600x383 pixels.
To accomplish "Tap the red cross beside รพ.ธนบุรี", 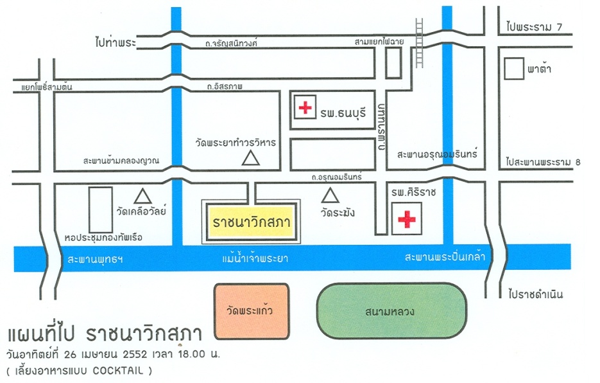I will click(x=304, y=107).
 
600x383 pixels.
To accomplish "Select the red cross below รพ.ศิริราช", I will click(x=406, y=219).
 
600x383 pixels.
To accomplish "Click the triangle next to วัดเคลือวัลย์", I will click(x=142, y=195).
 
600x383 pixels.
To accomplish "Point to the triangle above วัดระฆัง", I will click(x=330, y=194).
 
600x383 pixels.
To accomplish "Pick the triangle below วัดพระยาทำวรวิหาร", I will click(x=251, y=157).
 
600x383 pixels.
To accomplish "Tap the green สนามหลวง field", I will click(x=391, y=312).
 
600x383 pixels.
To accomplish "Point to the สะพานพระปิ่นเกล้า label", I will click(x=444, y=257).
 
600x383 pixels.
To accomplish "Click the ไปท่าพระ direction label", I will click(x=114, y=42).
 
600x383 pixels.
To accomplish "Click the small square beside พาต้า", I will click(x=513, y=69).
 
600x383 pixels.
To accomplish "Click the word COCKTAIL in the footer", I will click(x=121, y=371).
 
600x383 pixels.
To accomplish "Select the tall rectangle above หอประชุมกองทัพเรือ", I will click(x=100, y=209).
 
